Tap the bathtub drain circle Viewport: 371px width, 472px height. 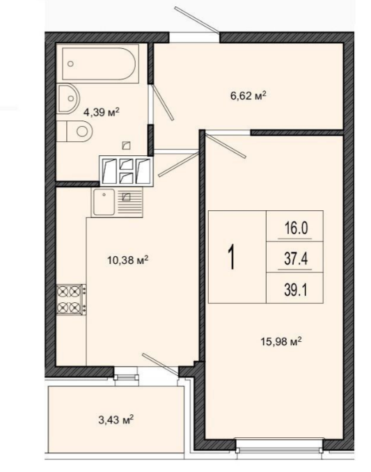tap(71, 63)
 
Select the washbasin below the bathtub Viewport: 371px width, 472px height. tap(68, 99)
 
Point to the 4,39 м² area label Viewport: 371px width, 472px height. tap(102, 112)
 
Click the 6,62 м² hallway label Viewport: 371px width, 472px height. tap(248, 96)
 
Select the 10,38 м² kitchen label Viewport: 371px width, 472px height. tap(128, 260)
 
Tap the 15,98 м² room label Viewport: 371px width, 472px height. tap(281, 342)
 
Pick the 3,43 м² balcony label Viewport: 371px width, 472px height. tap(116, 420)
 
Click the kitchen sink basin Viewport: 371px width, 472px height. tap(104, 202)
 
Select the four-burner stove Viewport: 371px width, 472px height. tap(71, 299)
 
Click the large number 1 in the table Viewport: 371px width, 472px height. tap(231, 257)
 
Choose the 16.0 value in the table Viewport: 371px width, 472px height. tap(296, 228)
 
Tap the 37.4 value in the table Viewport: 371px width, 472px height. tap(296, 258)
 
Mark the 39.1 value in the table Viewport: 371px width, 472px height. tap(296, 290)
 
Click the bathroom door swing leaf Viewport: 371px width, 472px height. tap(163, 102)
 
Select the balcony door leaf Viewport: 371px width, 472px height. tap(160, 364)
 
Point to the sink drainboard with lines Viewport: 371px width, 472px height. tap(129, 202)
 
